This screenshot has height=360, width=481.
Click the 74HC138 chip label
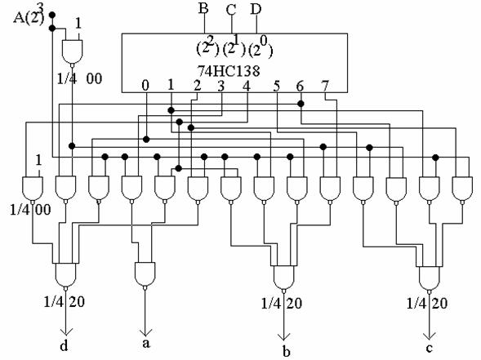(228, 71)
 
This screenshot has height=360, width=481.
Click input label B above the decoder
(203, 8)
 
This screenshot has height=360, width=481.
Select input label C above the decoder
(230, 10)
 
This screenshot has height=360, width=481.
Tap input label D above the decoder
(256, 9)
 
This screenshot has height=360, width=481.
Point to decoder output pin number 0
(145, 86)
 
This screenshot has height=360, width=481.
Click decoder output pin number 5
(277, 87)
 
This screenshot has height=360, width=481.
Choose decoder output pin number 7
(325, 86)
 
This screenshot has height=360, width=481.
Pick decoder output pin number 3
(220, 86)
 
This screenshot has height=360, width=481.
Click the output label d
(64, 345)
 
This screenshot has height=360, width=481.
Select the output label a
(146, 343)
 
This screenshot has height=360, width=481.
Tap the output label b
(286, 351)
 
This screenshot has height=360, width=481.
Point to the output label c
(430, 348)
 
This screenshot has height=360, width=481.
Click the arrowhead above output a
(145, 332)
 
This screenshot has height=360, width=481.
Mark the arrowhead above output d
(65, 331)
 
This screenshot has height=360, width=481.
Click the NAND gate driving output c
(430, 278)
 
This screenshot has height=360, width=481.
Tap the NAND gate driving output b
(283, 278)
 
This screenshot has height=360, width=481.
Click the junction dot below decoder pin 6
(301, 104)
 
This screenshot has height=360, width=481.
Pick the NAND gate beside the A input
(72, 52)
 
